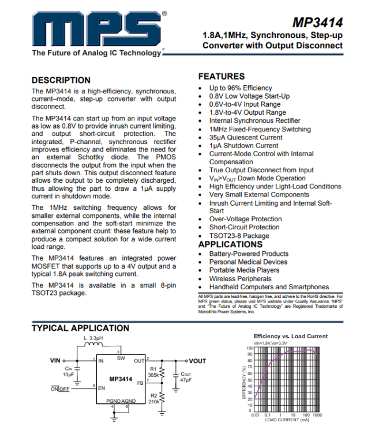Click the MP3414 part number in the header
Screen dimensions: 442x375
coord(317,23)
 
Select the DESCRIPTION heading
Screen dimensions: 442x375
coord(61,80)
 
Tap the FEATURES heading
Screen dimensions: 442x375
coord(221,76)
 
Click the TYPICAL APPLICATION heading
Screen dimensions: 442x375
coord(80,328)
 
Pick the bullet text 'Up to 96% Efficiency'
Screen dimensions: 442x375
coord(241,88)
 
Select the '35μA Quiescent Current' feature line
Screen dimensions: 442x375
coord(246,138)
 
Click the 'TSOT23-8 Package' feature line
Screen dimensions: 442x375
coord(239,236)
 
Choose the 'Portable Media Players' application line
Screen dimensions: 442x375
coord(244,270)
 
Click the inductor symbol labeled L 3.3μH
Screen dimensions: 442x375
coord(93,345)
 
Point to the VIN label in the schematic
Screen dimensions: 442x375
coord(55,361)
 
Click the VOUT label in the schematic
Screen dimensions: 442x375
coord(197,361)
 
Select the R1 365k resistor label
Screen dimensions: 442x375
coord(152,372)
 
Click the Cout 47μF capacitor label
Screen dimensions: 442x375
coord(185,377)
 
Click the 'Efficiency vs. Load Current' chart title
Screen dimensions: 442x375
coord(290,336)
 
